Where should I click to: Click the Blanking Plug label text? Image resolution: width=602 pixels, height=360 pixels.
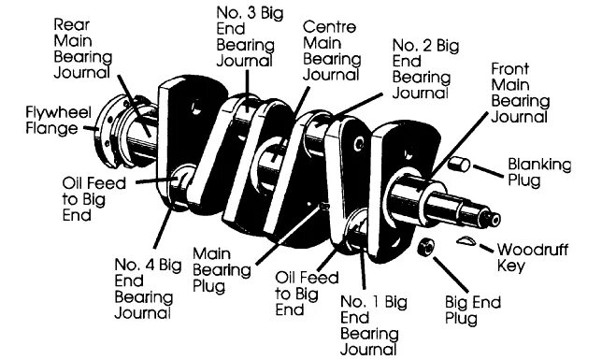[x=537, y=173]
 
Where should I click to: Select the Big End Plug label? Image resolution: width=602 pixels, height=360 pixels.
[x=473, y=311]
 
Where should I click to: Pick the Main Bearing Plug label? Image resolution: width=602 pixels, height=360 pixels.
[x=220, y=269]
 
